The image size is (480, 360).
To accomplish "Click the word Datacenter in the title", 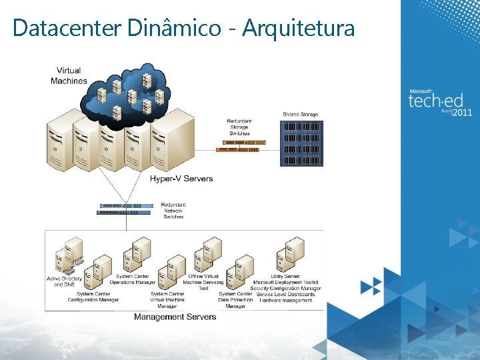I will (66, 28).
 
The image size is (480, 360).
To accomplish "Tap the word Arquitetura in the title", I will (298, 28).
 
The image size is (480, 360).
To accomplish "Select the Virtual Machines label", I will (69, 75).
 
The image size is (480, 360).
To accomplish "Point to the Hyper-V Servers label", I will (181, 179).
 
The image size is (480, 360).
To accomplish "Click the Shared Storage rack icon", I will (302, 141).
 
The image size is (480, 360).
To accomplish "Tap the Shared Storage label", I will (301, 115).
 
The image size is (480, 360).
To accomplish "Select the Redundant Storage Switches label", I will (239, 127).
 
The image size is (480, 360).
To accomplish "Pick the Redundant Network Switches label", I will (173, 211).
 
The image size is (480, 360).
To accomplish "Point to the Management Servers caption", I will (175, 317).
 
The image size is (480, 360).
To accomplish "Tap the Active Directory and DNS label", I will (64, 281).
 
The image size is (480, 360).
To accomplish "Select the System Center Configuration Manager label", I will (93, 297).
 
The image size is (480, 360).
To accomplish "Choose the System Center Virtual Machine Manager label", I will (167, 300).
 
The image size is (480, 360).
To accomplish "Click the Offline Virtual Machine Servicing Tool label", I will (203, 282).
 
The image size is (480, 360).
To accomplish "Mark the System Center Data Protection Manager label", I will (235, 300).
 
